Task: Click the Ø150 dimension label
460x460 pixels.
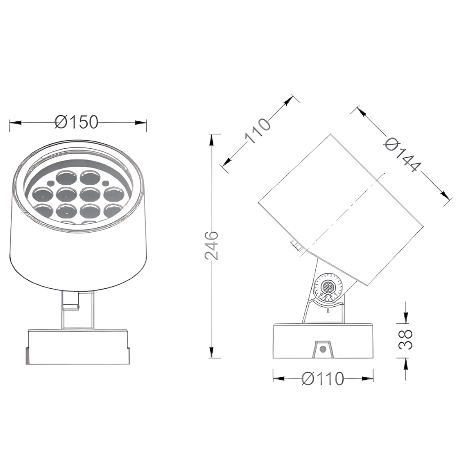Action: point(76,122)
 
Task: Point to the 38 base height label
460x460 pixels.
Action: point(406,340)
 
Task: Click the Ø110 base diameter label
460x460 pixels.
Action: point(323,378)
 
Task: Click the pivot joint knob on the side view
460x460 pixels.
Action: point(327,286)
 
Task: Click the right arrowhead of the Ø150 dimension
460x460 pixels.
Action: point(141,122)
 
